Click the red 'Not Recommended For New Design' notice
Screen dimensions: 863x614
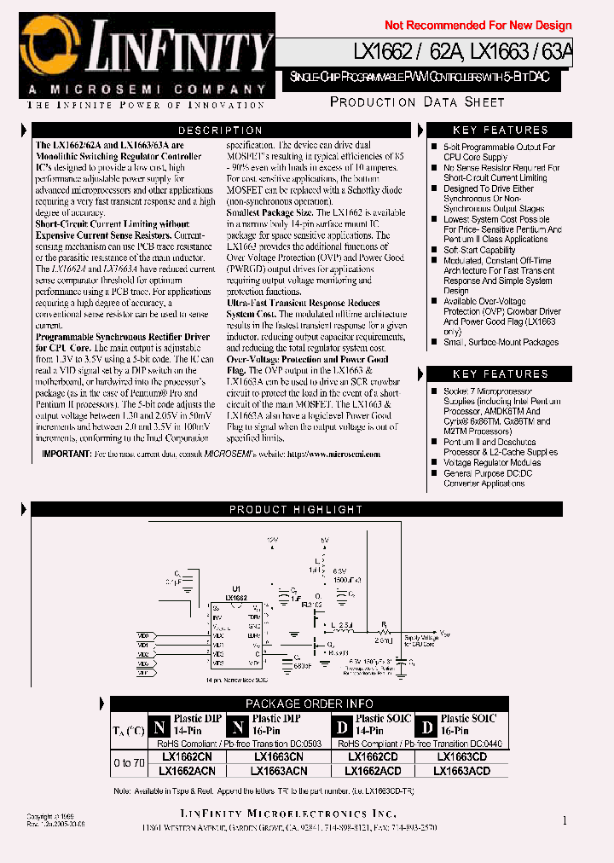coord(478,26)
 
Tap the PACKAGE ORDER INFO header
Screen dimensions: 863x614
coord(309,704)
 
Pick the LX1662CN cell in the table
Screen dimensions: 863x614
coord(188,756)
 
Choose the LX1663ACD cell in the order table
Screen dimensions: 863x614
coord(461,771)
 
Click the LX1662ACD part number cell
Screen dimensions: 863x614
coord(373,771)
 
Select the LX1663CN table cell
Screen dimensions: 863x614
coord(278,756)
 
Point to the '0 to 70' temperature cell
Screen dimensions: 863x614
coord(129,763)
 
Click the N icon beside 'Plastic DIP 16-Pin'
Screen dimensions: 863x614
coord(239,727)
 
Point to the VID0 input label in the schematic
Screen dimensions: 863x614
coord(142,635)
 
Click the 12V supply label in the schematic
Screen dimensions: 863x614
coord(272,540)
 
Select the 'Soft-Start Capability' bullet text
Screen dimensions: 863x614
coord(478,250)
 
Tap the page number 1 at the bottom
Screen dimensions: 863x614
coord(565,820)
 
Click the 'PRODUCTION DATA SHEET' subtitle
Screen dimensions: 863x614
coord(417,102)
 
